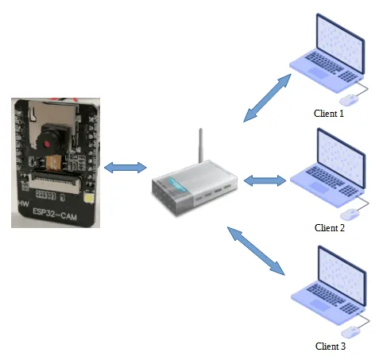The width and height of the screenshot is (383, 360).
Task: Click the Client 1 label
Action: click(x=330, y=114)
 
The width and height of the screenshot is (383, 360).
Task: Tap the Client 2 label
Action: click(x=330, y=228)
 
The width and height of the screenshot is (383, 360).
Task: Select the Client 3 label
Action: click(x=331, y=346)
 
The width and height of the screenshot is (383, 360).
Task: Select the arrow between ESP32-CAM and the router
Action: click(x=126, y=167)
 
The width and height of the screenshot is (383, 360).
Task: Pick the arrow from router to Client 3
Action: click(x=256, y=250)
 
